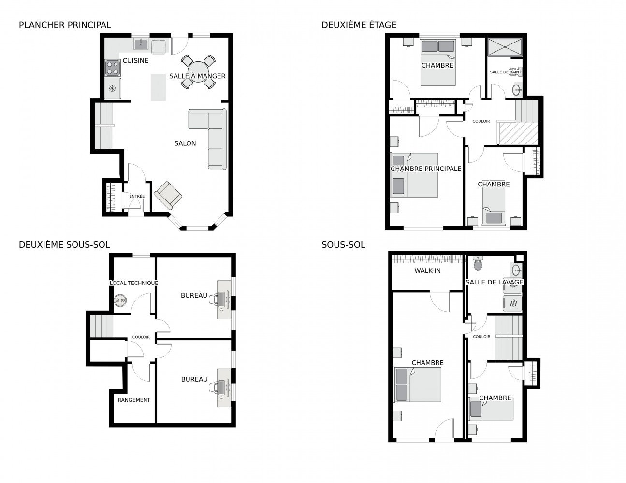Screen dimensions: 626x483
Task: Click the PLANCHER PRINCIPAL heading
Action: tap(65, 25)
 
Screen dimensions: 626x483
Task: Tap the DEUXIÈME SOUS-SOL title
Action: tap(64, 245)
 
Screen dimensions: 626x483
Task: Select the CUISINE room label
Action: tap(135, 60)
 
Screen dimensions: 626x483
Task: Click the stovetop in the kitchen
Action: tap(113, 68)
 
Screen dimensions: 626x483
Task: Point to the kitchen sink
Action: tap(141, 44)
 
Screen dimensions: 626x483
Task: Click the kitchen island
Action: tap(158, 87)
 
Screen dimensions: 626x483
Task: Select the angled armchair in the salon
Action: tap(168, 195)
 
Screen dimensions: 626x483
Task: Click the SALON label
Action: tap(185, 143)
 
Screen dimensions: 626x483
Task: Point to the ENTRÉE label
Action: tap(137, 196)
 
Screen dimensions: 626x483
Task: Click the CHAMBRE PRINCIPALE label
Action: tap(426, 169)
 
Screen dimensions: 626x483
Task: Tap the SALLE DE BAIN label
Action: tap(505, 72)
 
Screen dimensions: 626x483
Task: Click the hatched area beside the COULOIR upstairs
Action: tap(519, 133)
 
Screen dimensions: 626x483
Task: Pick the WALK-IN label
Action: tap(427, 270)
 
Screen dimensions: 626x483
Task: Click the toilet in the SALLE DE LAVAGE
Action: tap(478, 263)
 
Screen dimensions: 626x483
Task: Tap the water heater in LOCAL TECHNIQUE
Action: tap(120, 300)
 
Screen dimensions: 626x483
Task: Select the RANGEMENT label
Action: tap(134, 400)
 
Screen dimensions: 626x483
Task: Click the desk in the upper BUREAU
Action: tap(224, 299)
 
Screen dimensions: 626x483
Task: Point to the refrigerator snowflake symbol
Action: tap(112, 88)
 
